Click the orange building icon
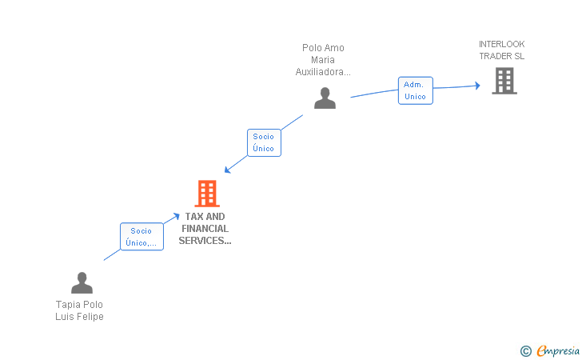pyautogui.click(x=207, y=193)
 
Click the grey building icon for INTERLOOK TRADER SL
pyautogui.click(x=504, y=81)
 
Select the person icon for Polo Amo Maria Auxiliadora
pyautogui.click(x=325, y=98)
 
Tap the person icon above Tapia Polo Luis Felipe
pyautogui.click(x=82, y=282)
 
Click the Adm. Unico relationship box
pyautogui.click(x=416, y=90)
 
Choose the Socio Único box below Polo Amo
pyautogui.click(x=264, y=142)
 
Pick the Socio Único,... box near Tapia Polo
pyautogui.click(x=142, y=237)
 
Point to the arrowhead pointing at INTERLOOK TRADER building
pyautogui.click(x=478, y=86)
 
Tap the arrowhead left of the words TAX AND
pyautogui.click(x=177, y=216)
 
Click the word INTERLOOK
pyautogui.click(x=501, y=44)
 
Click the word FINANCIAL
pyautogui.click(x=205, y=229)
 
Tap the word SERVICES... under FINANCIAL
pyautogui.click(x=205, y=241)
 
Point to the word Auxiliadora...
pyautogui.click(x=323, y=72)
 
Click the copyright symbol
pyautogui.click(x=525, y=351)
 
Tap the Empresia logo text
pyautogui.click(x=558, y=350)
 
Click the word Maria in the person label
pyautogui.click(x=323, y=60)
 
